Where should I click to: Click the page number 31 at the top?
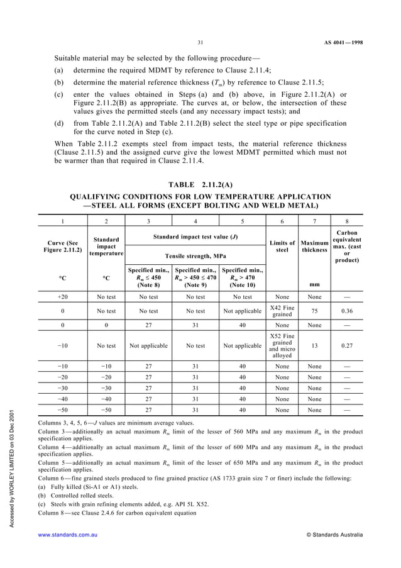200,43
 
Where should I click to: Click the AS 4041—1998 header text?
344,43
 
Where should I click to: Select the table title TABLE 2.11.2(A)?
200,184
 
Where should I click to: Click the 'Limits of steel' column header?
282,247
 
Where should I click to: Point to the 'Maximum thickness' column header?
314,247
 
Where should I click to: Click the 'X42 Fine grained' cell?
282,310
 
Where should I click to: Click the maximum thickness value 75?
314,310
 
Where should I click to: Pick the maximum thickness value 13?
314,345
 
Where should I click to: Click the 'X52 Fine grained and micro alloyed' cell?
282,345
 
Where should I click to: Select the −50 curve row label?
63,409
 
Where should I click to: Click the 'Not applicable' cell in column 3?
148,345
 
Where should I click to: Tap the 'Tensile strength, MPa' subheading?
195,256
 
